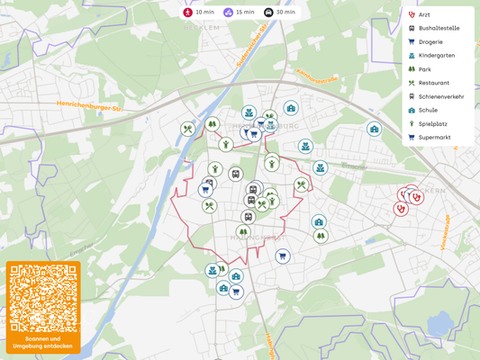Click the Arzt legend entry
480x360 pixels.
423,14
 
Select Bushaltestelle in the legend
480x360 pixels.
439,28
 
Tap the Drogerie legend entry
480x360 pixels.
430,41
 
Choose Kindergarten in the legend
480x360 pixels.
436,56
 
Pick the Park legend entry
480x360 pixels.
424,69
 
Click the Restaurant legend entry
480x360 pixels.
433,83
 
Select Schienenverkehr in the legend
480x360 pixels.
440,96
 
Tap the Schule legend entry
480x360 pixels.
428,110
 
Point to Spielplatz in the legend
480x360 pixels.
432,123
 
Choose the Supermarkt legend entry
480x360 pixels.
433,138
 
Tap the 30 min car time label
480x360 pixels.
285,13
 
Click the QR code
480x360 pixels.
43,298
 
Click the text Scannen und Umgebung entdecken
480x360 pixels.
43,342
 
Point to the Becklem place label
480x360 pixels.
201,28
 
